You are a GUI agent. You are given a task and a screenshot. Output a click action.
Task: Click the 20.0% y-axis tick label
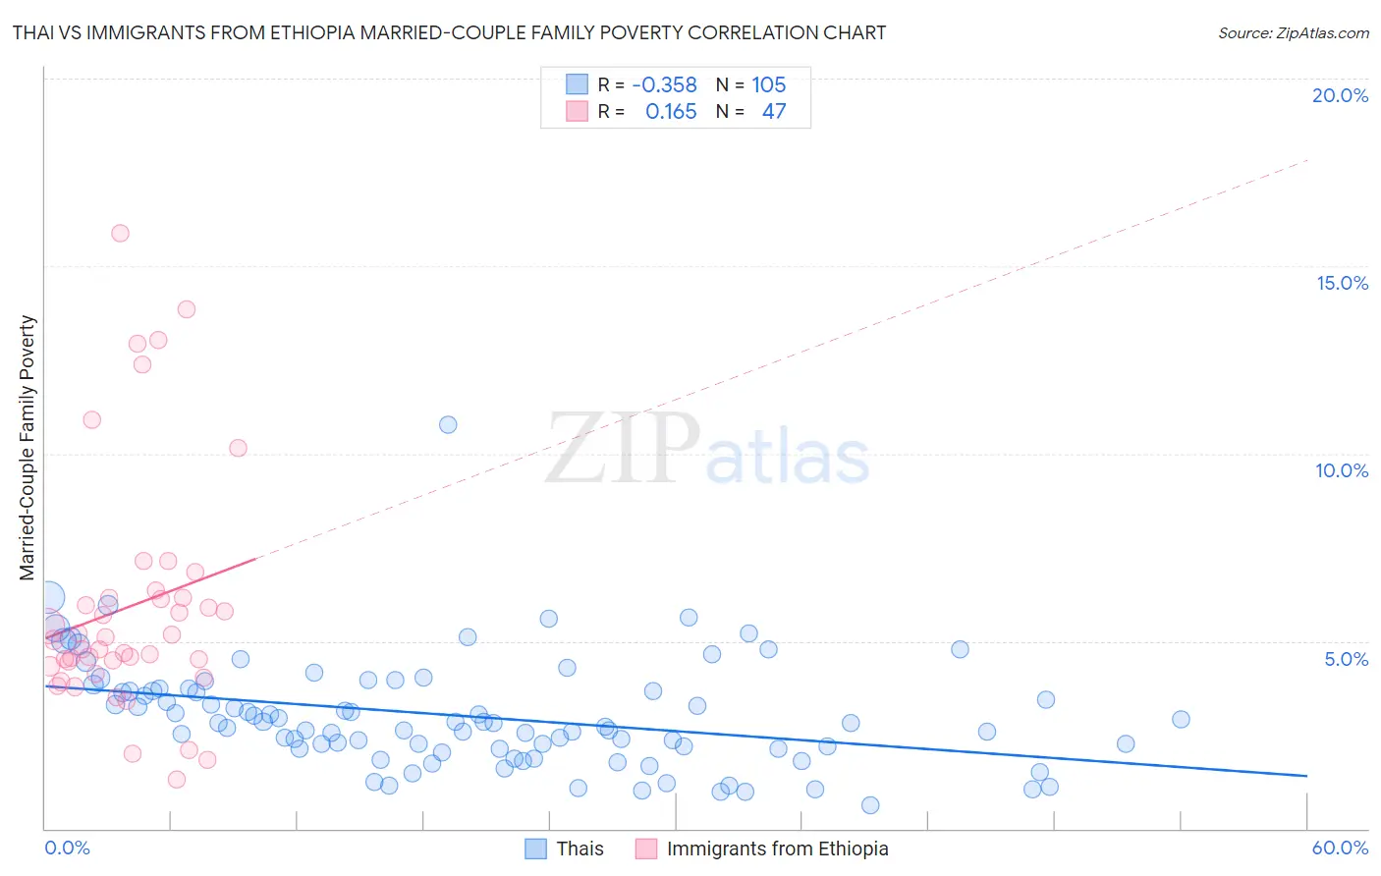[x=1340, y=95]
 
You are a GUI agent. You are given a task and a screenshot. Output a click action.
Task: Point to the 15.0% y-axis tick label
[x=1342, y=283]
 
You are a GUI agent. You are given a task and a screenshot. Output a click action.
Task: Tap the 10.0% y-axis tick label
[x=1342, y=470]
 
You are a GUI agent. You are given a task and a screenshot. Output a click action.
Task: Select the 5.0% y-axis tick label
[x=1346, y=659]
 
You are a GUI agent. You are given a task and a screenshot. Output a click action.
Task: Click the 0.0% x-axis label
[x=67, y=848]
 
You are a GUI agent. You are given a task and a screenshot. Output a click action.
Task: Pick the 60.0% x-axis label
[x=1340, y=848]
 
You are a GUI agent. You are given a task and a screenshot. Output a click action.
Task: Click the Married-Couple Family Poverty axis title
[x=28, y=447]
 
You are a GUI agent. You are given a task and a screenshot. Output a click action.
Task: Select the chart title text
[x=449, y=32]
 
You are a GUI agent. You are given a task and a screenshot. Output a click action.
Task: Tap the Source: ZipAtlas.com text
[x=1293, y=32]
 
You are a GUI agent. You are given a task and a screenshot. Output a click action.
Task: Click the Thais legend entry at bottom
[x=580, y=849]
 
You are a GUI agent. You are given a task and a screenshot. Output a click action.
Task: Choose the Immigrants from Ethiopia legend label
[x=777, y=849]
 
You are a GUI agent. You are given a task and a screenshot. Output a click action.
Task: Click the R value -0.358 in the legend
[x=664, y=85]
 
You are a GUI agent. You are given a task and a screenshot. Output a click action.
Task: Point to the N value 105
[x=769, y=85]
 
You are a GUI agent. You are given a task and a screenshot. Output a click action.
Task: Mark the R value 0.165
[x=671, y=112]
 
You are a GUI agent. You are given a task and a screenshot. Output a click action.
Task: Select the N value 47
[x=774, y=112]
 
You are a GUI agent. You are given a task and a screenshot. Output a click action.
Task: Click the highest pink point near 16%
[x=120, y=233]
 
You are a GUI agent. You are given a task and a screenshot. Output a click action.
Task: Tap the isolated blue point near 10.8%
[x=448, y=424]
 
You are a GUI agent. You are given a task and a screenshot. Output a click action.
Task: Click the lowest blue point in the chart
[x=870, y=805]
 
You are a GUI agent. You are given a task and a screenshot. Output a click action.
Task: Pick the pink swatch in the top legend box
[x=577, y=111]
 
